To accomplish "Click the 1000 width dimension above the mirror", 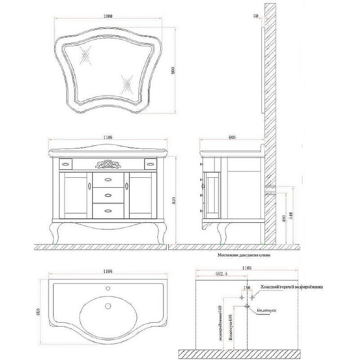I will (x=107, y=16).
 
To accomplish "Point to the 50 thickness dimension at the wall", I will (x=256, y=16).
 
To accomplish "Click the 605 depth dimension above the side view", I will (x=232, y=137).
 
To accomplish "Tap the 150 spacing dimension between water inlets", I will (x=247, y=288).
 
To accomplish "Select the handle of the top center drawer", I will (x=108, y=180).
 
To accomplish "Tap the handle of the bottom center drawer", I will (x=108, y=210).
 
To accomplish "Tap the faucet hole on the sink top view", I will (x=108, y=288).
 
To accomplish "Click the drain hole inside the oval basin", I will (x=108, y=306).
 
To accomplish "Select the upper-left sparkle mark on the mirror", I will (x=85, y=56).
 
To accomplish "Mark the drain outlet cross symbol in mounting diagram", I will (x=247, y=306).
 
